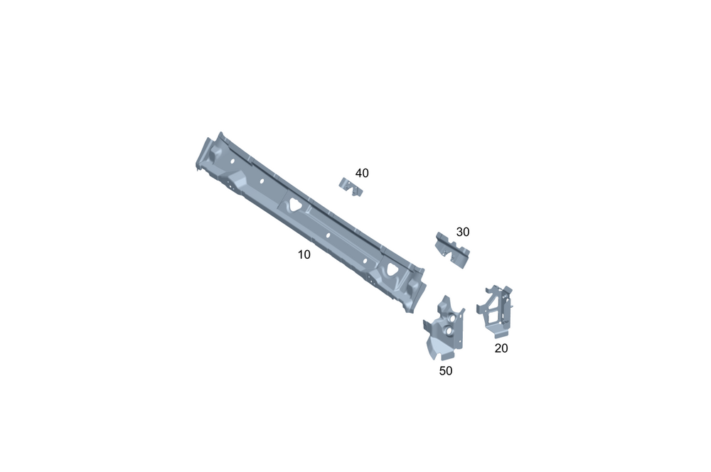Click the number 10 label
tap(304, 254)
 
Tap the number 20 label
tap(501, 348)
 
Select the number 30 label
tap(463, 232)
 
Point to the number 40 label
tap(362, 173)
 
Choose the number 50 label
tap(446, 371)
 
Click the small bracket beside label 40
tap(351, 187)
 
